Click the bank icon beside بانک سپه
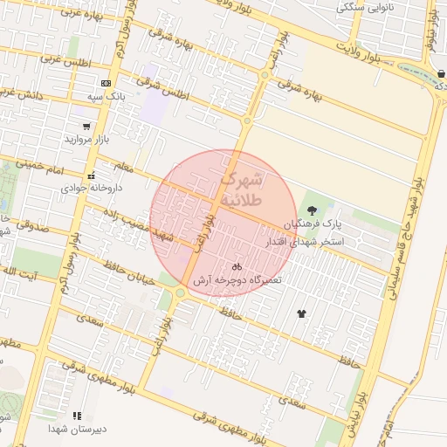[x=106, y=83]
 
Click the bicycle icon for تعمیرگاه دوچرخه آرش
[x=237, y=266]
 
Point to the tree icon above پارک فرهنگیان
[x=312, y=210]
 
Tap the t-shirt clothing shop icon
[x=302, y=313]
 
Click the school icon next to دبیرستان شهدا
[x=77, y=416]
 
